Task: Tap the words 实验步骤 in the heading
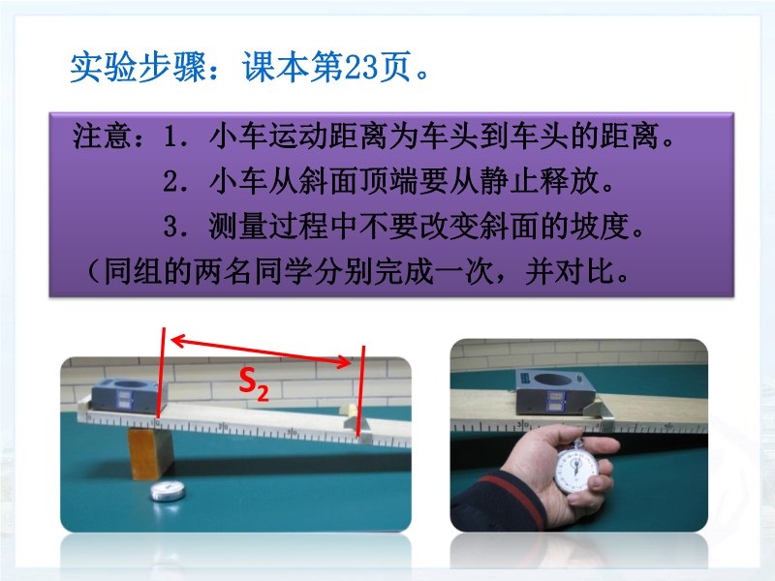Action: pos(138,67)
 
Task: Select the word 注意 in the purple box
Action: pos(102,136)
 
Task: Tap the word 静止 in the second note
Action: pos(508,181)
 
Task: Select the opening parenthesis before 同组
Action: pos(94,271)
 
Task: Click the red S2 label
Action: pos(254,383)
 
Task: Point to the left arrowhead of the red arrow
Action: pos(178,340)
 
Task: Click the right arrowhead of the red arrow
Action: pos(344,361)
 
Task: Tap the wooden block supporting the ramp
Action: pos(150,453)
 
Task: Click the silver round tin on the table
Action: pos(168,491)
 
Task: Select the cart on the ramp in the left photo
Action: pos(131,394)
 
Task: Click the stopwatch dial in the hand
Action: pos(575,469)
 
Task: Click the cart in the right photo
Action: pos(555,392)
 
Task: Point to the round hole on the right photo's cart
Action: pos(553,379)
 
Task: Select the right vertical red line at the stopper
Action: pos(361,391)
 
